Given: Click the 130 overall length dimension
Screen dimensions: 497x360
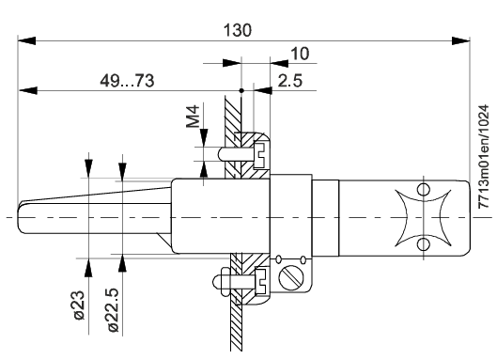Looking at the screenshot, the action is click(238, 30).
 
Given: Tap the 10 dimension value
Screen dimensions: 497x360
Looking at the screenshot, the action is click(300, 54).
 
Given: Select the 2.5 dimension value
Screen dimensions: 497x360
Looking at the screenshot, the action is click(290, 81).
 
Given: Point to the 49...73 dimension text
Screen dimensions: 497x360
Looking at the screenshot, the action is click(127, 81).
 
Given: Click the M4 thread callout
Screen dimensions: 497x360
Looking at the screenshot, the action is click(193, 117).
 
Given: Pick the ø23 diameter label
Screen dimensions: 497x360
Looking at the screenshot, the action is click(79, 305).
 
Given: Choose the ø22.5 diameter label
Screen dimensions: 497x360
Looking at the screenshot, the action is click(113, 310).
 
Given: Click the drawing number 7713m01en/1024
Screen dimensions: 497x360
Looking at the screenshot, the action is click(484, 157).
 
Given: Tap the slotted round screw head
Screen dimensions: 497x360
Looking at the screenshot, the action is click(291, 278).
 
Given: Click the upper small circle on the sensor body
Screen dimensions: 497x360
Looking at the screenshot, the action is click(424, 190).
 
